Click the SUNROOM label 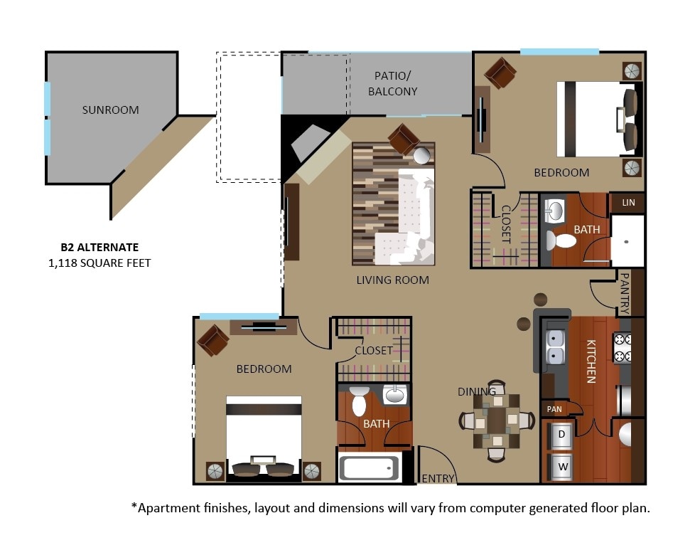point(110,110)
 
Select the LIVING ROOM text point(392,280)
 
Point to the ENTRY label point(438,478)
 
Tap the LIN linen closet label point(628,203)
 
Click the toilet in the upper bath point(563,240)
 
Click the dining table point(496,421)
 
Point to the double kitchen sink point(555,347)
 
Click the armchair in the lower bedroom point(213,339)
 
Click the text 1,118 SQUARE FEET point(99,263)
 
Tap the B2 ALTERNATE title point(99,248)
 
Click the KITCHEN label point(591,361)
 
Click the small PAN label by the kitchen point(554,409)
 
